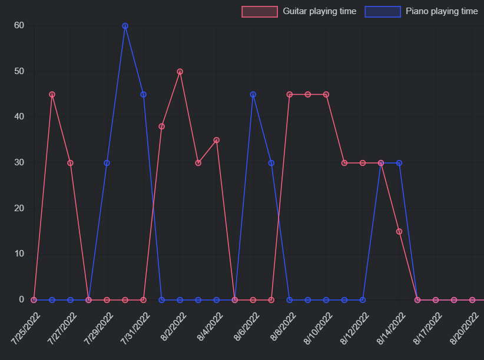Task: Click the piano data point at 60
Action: pyautogui.click(x=125, y=26)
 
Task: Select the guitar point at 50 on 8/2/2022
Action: pyautogui.click(x=180, y=72)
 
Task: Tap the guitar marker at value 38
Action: pyautogui.click(x=161, y=126)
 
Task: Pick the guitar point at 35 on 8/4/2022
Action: pyautogui.click(x=216, y=140)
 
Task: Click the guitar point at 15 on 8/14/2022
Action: pyautogui.click(x=399, y=231)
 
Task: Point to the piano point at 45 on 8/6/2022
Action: pyautogui.click(x=253, y=94)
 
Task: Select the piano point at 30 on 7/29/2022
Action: pyautogui.click(x=107, y=163)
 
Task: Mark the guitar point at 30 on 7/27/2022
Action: pyautogui.click(x=70, y=163)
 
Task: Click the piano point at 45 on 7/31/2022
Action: pyautogui.click(x=143, y=94)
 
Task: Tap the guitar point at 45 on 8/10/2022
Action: pyautogui.click(x=326, y=94)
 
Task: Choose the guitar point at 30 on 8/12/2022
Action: pyautogui.click(x=363, y=163)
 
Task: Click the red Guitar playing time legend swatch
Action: pyautogui.click(x=259, y=11)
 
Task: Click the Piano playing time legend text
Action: pyautogui.click(x=442, y=11)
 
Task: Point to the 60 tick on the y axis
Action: pyautogui.click(x=19, y=25)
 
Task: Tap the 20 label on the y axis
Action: pyautogui.click(x=19, y=208)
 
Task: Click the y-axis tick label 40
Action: pyautogui.click(x=19, y=117)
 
